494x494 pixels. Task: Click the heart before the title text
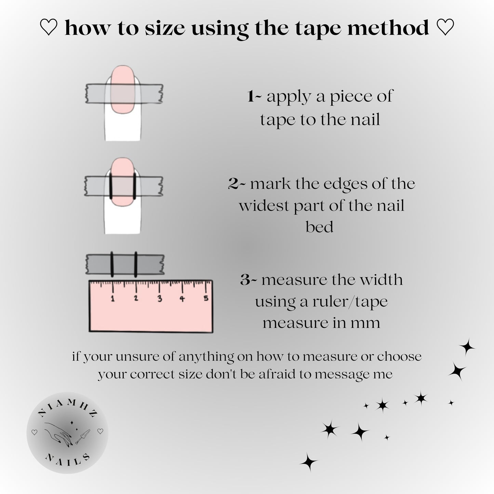point(49,27)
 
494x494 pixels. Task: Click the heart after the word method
point(445,27)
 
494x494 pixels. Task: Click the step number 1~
point(255,97)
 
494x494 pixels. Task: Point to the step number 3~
point(249,280)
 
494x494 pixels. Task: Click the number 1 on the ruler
point(112,298)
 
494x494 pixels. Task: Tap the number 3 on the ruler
point(160,299)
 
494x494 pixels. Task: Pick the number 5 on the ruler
point(206,298)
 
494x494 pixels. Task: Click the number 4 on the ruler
point(182,299)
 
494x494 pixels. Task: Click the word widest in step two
point(264,205)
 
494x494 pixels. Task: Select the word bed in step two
point(319,227)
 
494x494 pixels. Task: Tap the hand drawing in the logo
point(58,433)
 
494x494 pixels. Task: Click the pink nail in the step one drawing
point(123,90)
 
